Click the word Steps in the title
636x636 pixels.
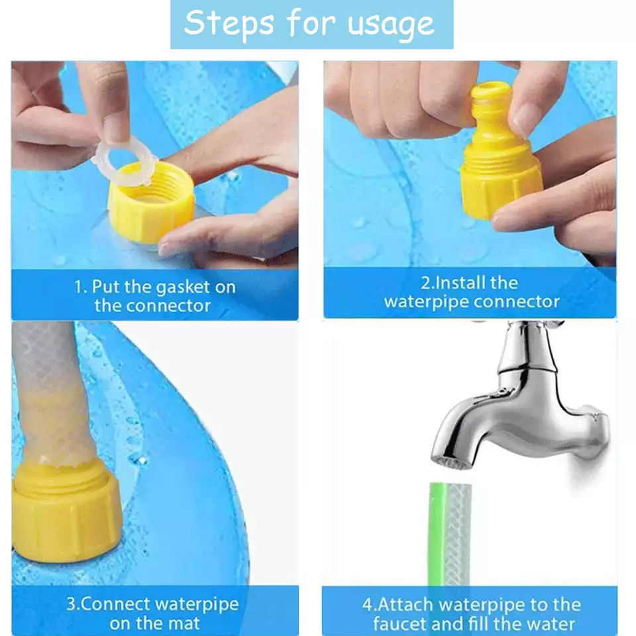coord(229,24)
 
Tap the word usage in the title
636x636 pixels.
coord(391,25)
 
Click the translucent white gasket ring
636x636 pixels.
coord(123,161)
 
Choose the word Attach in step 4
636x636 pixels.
coord(405,605)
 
